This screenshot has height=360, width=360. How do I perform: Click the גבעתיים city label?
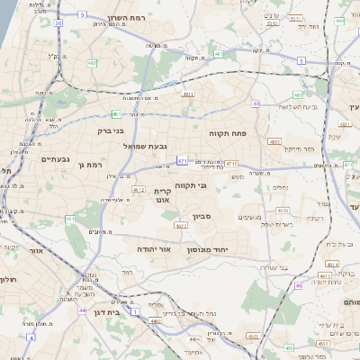55,158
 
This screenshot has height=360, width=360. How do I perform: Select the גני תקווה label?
191,185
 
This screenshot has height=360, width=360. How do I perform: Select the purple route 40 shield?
256,104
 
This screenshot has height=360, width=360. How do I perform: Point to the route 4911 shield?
188,94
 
